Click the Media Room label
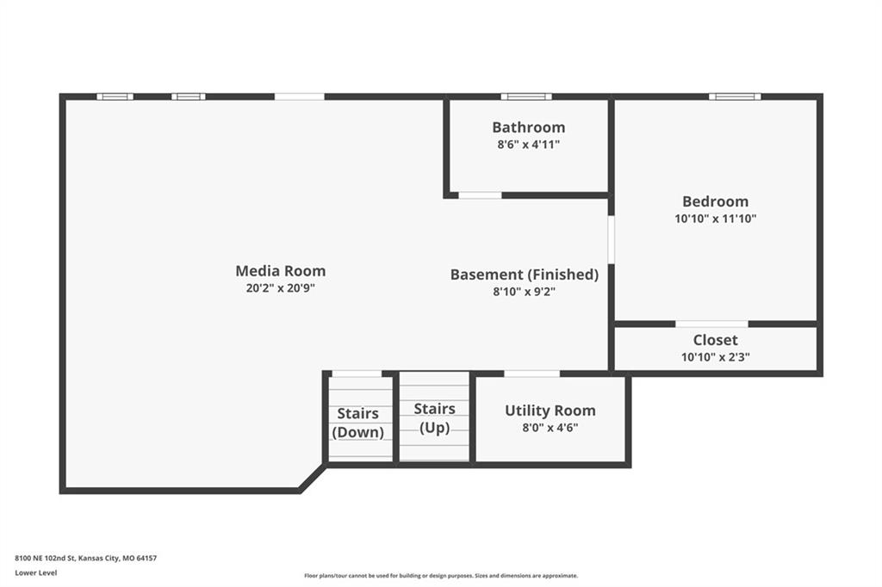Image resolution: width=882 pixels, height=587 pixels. (281, 271)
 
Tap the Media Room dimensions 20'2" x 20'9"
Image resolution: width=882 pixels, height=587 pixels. (281, 289)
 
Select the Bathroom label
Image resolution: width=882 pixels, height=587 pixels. (529, 127)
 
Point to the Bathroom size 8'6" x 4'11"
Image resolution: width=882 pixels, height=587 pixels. (529, 145)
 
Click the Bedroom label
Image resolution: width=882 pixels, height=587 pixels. (716, 201)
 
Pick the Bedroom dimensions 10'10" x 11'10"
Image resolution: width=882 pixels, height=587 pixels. (716, 219)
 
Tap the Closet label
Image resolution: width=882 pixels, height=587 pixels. (716, 340)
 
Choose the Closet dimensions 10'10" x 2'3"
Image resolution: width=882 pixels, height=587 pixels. (716, 357)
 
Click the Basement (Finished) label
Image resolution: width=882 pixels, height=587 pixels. (525, 275)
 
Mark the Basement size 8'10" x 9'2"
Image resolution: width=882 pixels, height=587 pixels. (525, 292)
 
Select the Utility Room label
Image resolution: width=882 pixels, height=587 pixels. (550, 411)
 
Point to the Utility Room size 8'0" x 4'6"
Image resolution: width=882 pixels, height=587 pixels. (550, 427)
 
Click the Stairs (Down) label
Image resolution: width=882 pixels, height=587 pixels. (358, 423)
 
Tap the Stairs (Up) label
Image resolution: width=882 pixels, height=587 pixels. (434, 417)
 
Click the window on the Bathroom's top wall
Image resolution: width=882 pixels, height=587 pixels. (526, 96)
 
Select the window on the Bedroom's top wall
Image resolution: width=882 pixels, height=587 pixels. (735, 96)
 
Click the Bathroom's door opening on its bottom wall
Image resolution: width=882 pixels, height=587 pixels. (480, 195)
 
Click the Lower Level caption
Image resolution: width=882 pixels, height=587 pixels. (36, 572)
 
